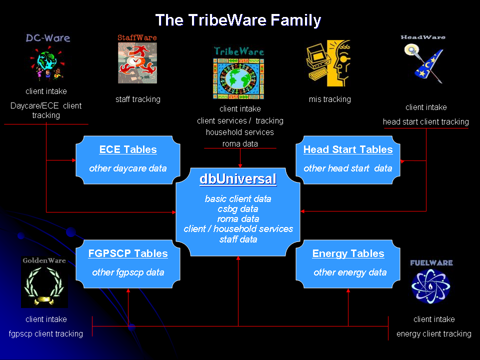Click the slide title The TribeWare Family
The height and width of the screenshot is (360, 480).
pyautogui.click(x=238, y=20)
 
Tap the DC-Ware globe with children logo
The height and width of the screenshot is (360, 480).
pyautogui.click(x=47, y=63)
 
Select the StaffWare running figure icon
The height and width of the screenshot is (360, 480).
pyautogui.click(x=137, y=63)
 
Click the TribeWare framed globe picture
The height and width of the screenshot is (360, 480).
pyautogui.click(x=238, y=79)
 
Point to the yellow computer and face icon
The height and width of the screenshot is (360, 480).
pyautogui.click(x=328, y=63)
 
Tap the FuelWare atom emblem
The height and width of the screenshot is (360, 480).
pyautogui.click(x=430, y=286)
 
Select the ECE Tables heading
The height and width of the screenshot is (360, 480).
pyautogui.click(x=128, y=149)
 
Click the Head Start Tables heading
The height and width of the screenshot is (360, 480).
pyautogui.click(x=348, y=149)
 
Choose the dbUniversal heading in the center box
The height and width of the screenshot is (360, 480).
pyautogui.click(x=238, y=179)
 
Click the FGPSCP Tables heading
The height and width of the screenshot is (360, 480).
pyautogui.click(x=128, y=254)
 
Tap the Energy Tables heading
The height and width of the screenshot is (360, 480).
pyautogui.click(x=348, y=254)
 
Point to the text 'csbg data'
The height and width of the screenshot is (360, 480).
pyautogui.click(x=238, y=209)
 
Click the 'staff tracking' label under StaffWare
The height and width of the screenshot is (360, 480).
pyautogui.click(x=138, y=99)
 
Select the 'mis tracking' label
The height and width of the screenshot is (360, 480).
pyautogui.click(x=329, y=99)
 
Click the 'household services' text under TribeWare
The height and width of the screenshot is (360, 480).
pyautogui.click(x=239, y=132)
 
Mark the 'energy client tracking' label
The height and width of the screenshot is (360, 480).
pyautogui.click(x=434, y=333)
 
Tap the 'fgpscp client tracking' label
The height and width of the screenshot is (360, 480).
pyautogui.click(x=46, y=333)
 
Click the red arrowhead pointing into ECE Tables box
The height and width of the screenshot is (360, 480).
pyautogui.click(x=74, y=160)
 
